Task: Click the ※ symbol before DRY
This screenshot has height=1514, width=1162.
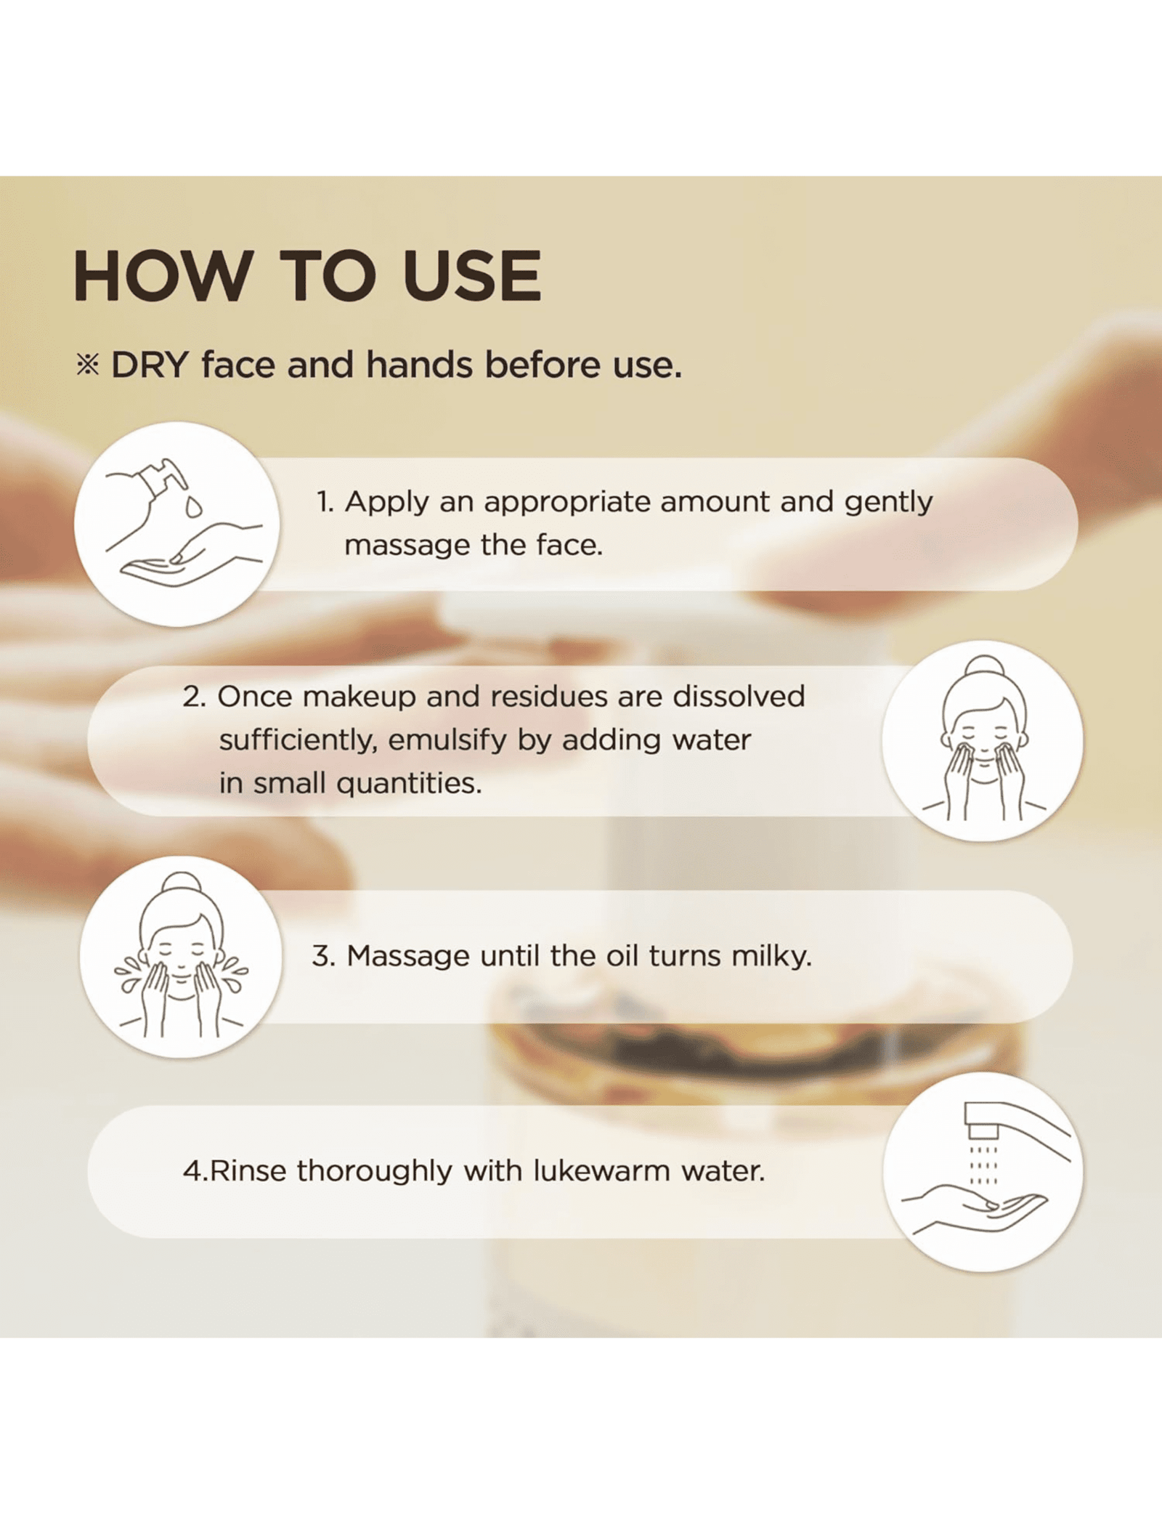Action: click(88, 365)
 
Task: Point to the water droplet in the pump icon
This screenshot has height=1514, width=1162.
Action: click(193, 506)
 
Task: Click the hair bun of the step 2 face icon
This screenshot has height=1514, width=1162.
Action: click(983, 667)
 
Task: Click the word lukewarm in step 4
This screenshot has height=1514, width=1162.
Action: click(601, 1171)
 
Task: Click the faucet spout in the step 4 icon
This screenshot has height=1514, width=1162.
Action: click(982, 1122)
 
